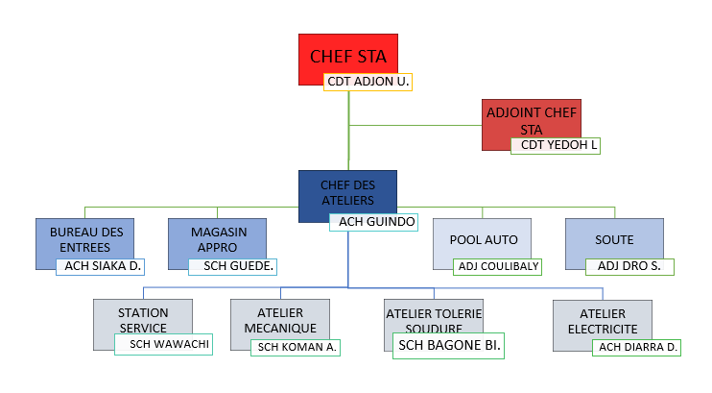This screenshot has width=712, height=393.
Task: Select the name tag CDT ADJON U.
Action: tap(368, 83)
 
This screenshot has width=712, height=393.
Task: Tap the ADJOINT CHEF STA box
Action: tap(531, 118)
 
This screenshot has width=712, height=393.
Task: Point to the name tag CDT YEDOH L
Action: tap(556, 145)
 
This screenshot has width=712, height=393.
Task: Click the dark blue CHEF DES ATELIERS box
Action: tap(347, 190)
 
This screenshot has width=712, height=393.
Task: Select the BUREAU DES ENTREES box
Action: tap(85, 236)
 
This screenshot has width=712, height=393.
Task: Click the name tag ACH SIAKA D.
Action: tap(100, 265)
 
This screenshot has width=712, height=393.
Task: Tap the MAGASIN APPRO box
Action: tap(218, 236)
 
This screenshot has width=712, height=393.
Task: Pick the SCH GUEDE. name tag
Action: tap(233, 265)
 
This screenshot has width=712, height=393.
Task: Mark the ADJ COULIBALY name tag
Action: tap(498, 266)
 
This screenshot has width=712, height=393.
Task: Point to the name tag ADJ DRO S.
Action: tap(629, 266)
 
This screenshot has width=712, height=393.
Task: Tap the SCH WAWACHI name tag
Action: tap(163, 344)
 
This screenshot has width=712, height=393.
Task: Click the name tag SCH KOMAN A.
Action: tap(296, 347)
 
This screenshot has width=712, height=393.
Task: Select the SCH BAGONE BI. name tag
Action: tap(449, 345)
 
